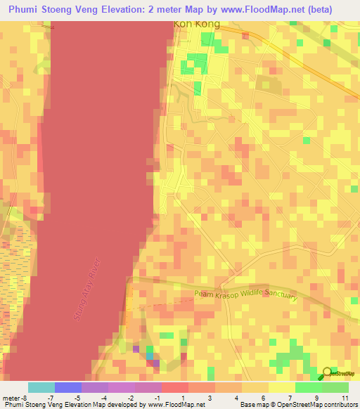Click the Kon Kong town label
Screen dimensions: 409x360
[x=197, y=24]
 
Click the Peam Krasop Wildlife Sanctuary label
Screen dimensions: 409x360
[x=245, y=297]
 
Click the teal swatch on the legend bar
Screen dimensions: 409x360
[x=41, y=387]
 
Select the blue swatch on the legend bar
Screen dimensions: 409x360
[x=68, y=387]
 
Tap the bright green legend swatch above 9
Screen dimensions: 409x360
[x=309, y=387]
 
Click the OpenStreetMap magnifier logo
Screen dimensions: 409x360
[x=326, y=373]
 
